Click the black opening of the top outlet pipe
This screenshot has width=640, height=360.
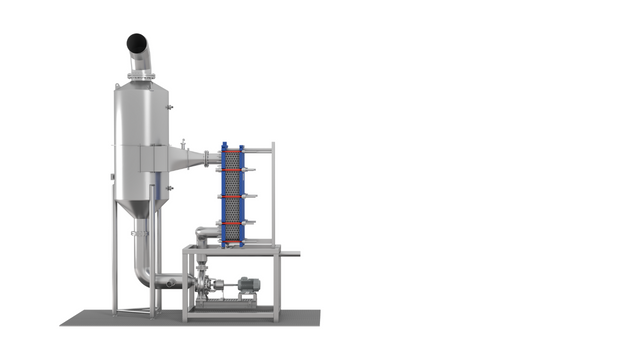pos(137,43)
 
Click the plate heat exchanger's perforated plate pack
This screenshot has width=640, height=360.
pos(231,195)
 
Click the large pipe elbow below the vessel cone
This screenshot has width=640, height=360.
pos(147,275)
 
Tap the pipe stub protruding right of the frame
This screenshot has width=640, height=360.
pos(290,253)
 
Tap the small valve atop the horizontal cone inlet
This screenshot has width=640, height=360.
pos(184,141)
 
